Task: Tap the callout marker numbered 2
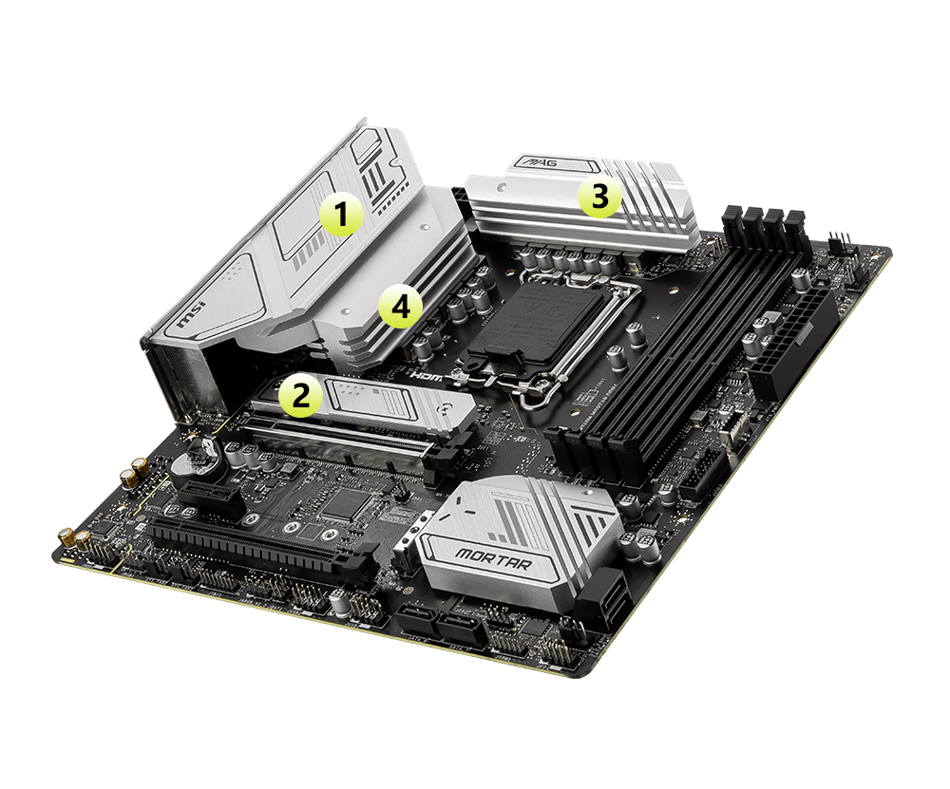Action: click(x=300, y=396)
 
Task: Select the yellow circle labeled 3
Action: click(x=598, y=197)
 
